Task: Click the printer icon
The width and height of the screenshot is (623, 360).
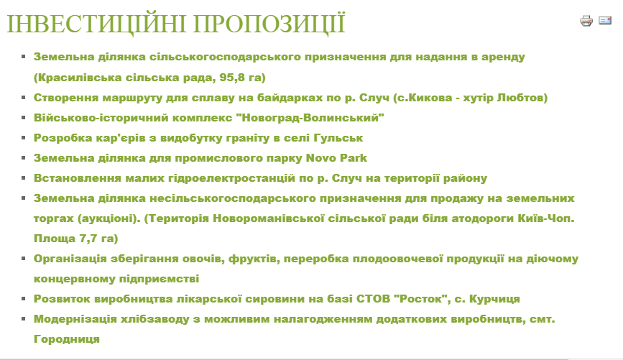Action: (x=586, y=21)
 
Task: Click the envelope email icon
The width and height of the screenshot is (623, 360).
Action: (x=605, y=20)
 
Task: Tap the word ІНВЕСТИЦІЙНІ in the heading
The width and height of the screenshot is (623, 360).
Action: (x=96, y=24)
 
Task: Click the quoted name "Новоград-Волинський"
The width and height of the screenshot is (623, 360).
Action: (x=310, y=118)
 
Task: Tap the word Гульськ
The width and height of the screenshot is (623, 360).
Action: (x=338, y=138)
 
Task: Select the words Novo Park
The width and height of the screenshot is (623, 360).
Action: (x=336, y=158)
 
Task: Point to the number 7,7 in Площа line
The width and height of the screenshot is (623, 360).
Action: (x=88, y=239)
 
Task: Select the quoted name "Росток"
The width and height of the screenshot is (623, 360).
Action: (x=422, y=299)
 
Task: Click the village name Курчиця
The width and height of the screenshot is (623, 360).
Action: (x=494, y=299)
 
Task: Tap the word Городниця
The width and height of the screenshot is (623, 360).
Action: (x=67, y=339)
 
